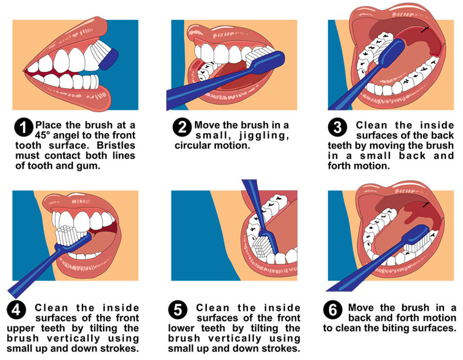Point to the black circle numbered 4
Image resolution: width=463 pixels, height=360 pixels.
pyautogui.click(x=17, y=311)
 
